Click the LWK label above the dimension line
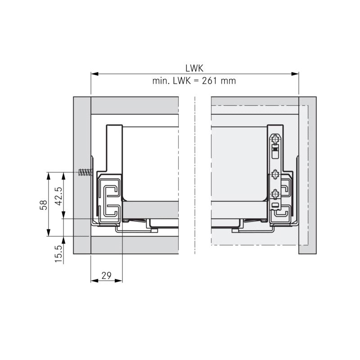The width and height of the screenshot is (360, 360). click(x=194, y=68)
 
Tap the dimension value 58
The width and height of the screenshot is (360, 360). click(x=43, y=205)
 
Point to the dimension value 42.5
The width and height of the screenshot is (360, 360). click(x=58, y=196)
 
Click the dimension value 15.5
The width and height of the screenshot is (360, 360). click(x=58, y=254)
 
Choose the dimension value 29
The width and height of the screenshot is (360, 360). click(x=106, y=275)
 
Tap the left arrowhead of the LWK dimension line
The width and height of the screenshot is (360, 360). click(x=94, y=74)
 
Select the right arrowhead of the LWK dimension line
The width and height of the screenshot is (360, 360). click(x=295, y=74)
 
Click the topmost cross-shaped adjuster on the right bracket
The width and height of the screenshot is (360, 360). click(x=275, y=139)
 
